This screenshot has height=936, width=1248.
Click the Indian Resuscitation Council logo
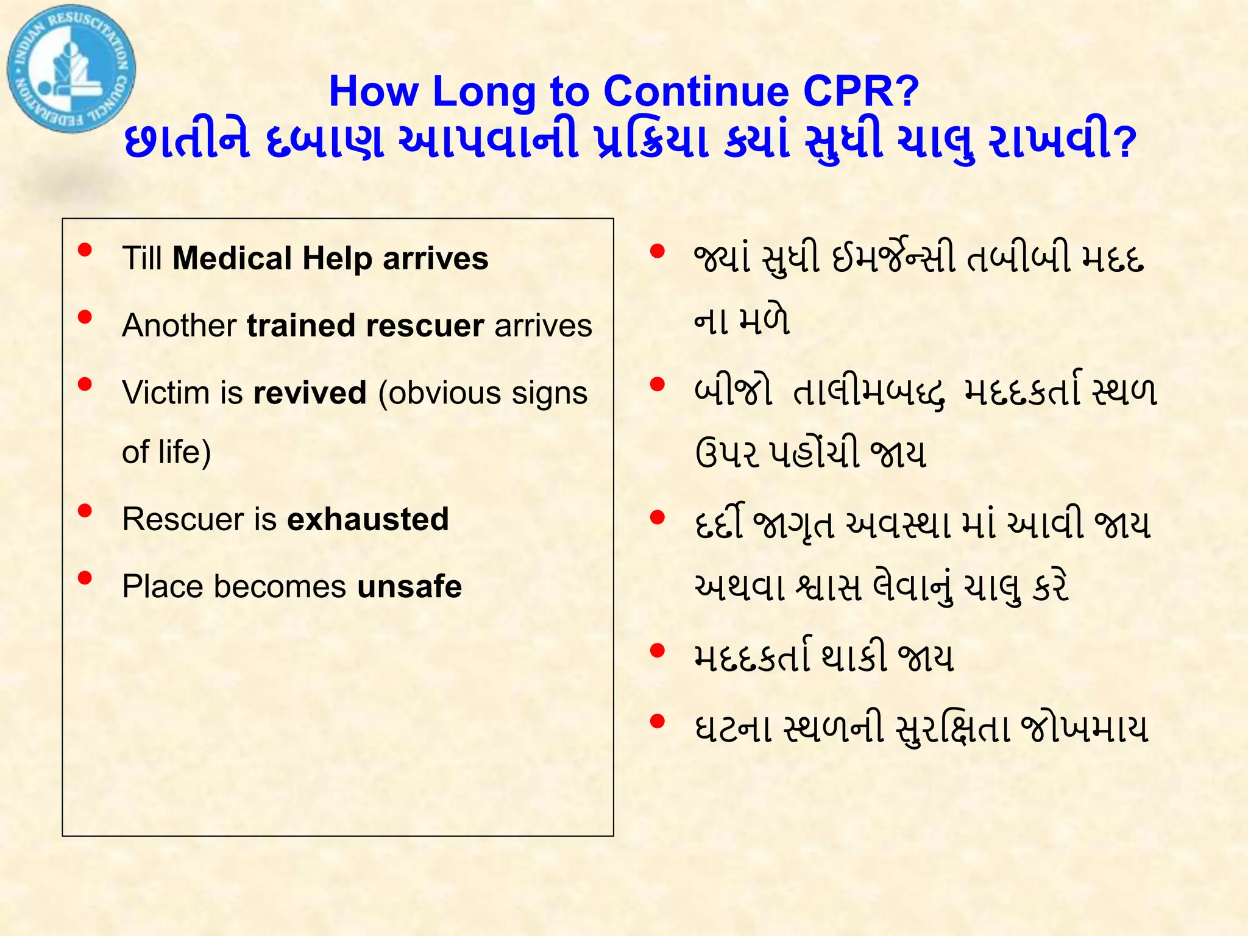(x=71, y=69)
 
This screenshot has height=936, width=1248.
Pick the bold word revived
(x=310, y=392)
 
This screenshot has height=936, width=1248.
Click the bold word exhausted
(x=367, y=519)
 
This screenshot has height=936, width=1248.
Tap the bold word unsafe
(x=409, y=586)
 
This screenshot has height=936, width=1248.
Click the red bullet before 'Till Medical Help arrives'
(x=85, y=250)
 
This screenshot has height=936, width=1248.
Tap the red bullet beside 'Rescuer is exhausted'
(x=85, y=511)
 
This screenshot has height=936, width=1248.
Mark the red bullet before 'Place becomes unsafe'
(x=85, y=578)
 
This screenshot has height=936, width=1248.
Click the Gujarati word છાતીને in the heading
(x=186, y=141)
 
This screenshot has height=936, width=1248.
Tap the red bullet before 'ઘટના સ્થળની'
(x=657, y=721)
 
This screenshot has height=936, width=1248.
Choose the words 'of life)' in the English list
(x=166, y=452)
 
